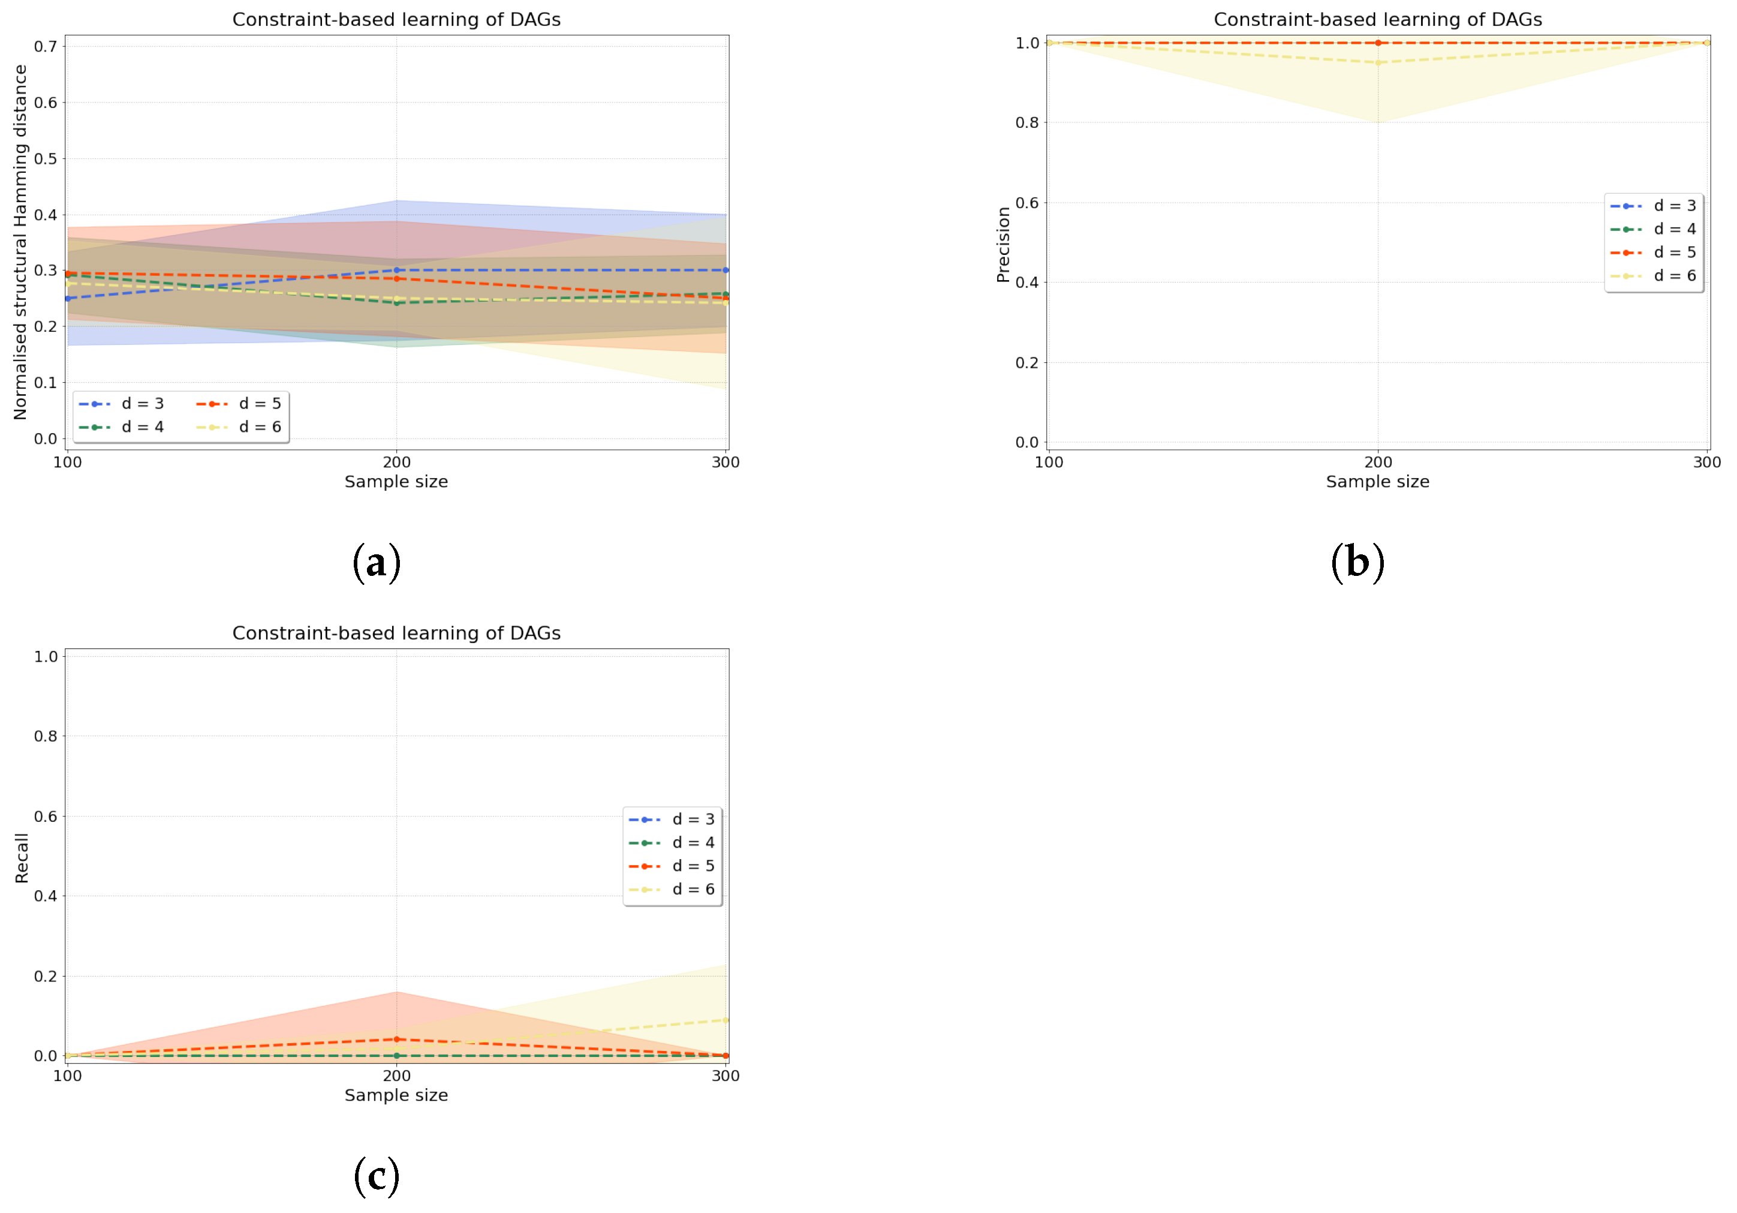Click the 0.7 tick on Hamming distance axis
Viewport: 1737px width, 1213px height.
point(46,47)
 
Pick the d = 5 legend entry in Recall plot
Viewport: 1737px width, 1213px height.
point(672,866)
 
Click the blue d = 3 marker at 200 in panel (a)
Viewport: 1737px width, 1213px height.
point(396,270)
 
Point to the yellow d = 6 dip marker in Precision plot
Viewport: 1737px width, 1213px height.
point(1378,63)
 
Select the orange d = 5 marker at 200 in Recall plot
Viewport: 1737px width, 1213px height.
point(396,1040)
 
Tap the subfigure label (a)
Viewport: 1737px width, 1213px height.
point(376,563)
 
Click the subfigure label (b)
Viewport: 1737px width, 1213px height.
point(1357,563)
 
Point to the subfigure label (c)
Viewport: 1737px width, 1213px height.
point(376,1176)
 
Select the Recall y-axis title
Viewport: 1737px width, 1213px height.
point(21,858)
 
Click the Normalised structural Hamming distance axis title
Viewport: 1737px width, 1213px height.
point(20,242)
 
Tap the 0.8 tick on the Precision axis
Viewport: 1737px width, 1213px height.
point(1026,122)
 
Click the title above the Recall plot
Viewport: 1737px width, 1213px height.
point(396,633)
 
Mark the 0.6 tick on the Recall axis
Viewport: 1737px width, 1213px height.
point(46,816)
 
